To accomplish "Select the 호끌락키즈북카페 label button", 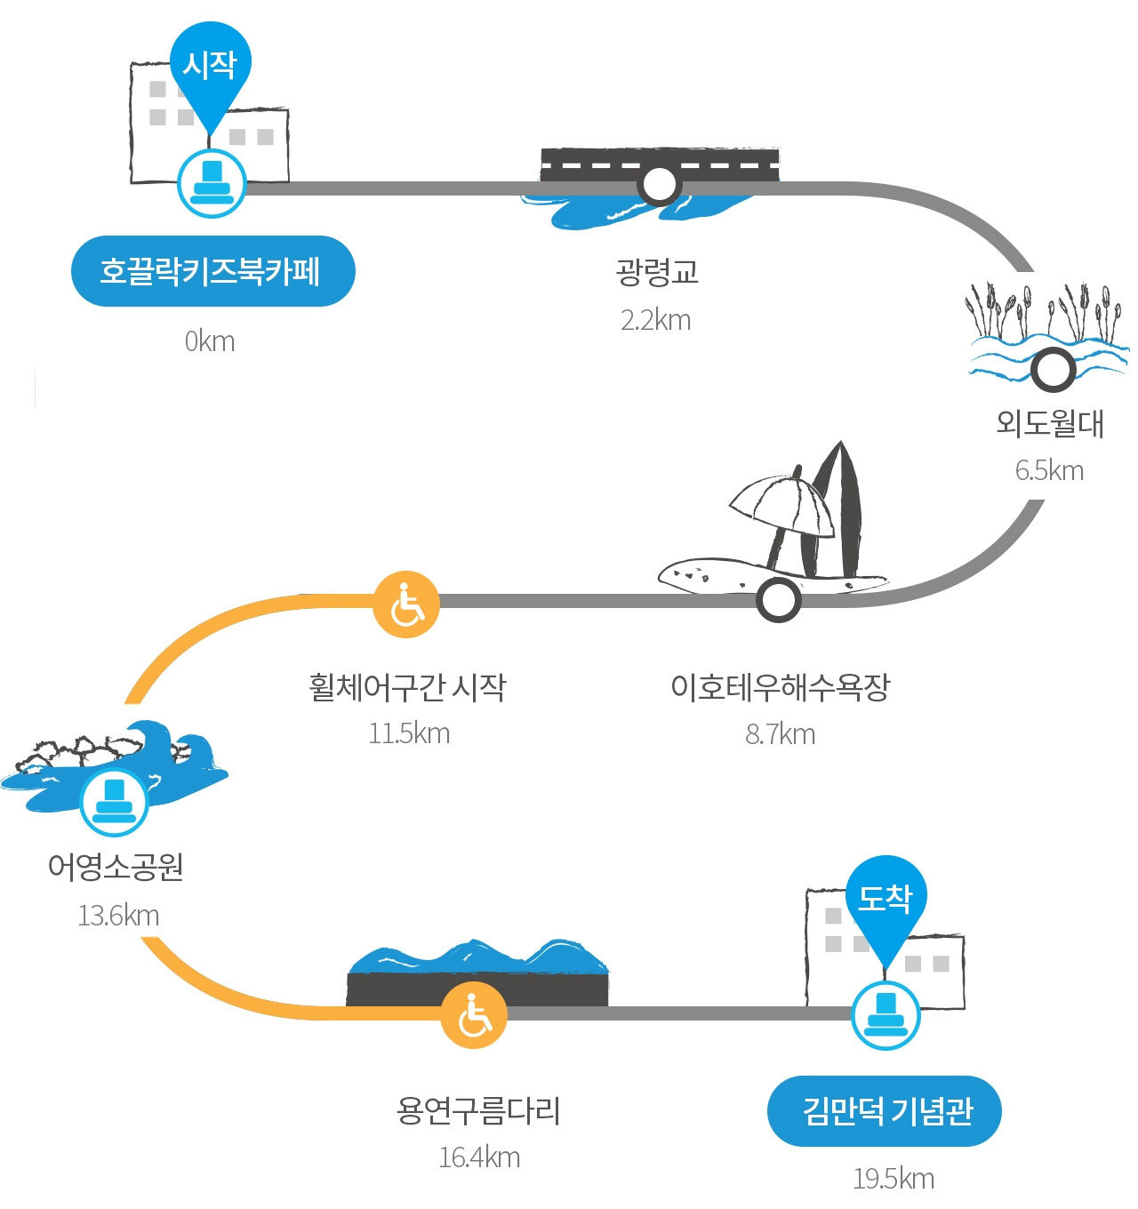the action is pyautogui.click(x=213, y=271).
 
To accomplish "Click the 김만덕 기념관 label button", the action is pyautogui.click(x=884, y=1111).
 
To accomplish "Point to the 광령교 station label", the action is pyautogui.click(x=656, y=271).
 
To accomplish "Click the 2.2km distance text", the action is pyautogui.click(x=656, y=321).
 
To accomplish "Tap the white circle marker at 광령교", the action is pyautogui.click(x=659, y=184).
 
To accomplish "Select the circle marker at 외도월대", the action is pyautogui.click(x=1053, y=370).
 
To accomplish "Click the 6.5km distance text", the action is pyautogui.click(x=1049, y=470).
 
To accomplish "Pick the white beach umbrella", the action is pyautogui.click(x=782, y=505).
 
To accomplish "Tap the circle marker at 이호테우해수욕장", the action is pyautogui.click(x=778, y=600).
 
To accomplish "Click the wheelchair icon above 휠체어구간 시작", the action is pyautogui.click(x=406, y=604).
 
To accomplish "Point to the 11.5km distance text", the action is pyautogui.click(x=409, y=733).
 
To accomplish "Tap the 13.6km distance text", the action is pyautogui.click(x=119, y=916).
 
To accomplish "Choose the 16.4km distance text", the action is pyautogui.click(x=480, y=1157).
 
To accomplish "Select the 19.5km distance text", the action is pyautogui.click(x=894, y=1179).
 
